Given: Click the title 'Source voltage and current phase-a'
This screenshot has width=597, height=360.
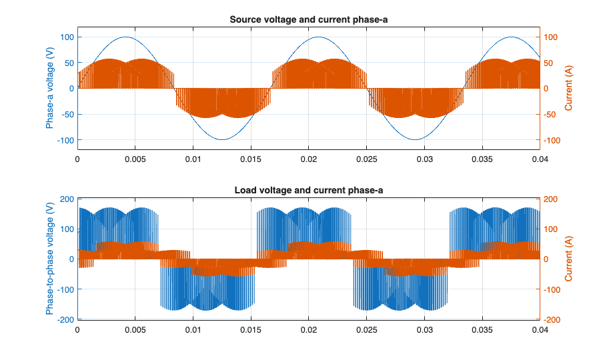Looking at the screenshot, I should coord(308,19).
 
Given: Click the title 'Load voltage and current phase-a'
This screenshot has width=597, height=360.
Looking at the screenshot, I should coord(308,191).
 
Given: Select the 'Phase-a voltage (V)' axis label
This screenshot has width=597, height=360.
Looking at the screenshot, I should coord(50,88).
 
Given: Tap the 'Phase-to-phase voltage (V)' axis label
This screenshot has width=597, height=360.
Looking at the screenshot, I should coord(50,259).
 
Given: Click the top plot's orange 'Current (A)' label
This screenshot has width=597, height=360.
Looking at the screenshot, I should coord(568,88).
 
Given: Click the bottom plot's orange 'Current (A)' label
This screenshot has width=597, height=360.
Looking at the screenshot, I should coord(568,259).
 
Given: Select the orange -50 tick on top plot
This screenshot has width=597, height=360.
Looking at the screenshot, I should coord(554,114).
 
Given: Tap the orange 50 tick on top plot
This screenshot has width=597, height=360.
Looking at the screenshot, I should coord(553,63).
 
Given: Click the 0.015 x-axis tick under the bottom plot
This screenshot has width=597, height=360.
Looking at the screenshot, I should coord(251,330).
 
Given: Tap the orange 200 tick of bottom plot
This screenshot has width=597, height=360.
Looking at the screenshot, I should coord(554,199).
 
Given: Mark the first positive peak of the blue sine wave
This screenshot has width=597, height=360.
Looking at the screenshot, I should coord(125,37).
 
